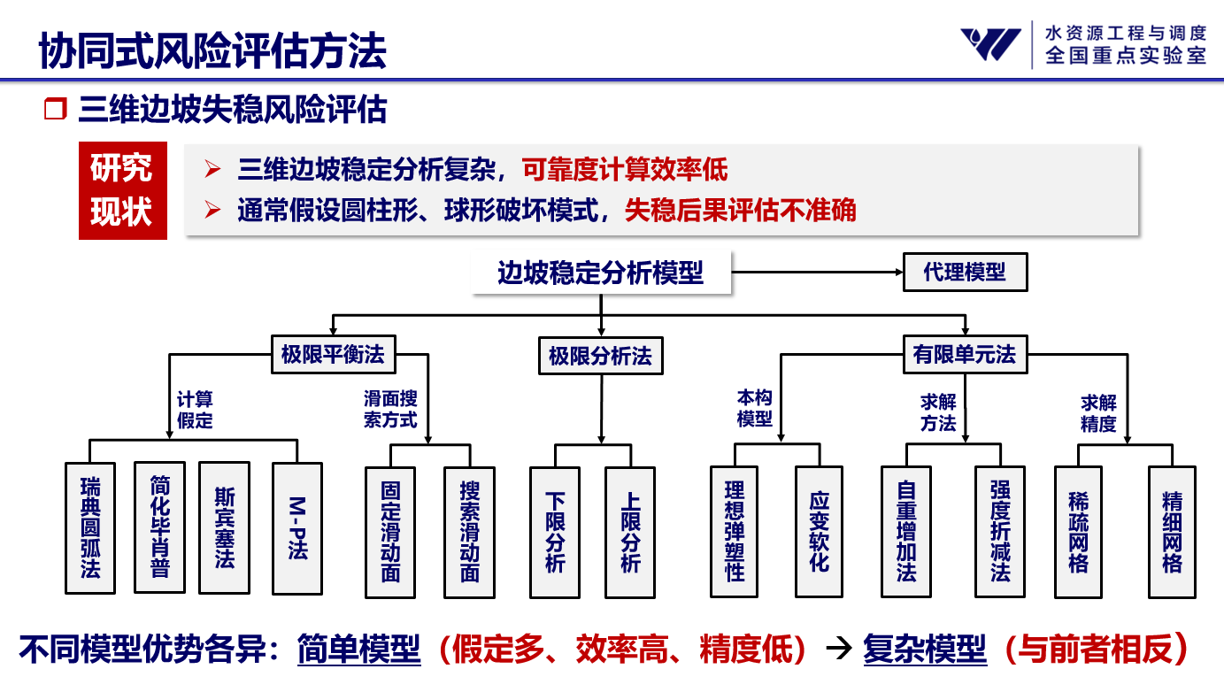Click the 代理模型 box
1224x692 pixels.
pyautogui.click(x=965, y=272)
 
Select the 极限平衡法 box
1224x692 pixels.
pyautogui.click(x=333, y=355)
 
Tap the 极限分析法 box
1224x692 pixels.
pyautogui.click(x=600, y=356)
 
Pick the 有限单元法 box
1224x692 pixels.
pyautogui.click(x=965, y=355)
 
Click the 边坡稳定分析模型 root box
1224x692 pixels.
pyautogui.click(x=600, y=273)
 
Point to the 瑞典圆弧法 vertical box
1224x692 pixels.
pyautogui.click(x=90, y=527)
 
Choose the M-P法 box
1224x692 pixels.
pyautogui.click(x=296, y=528)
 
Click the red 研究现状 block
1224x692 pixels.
pyautogui.click(x=122, y=190)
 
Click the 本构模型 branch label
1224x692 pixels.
pyautogui.click(x=755, y=409)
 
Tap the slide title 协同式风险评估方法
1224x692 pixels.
pyautogui.click(x=212, y=50)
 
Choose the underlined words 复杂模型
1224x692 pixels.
pyautogui.click(x=924, y=650)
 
